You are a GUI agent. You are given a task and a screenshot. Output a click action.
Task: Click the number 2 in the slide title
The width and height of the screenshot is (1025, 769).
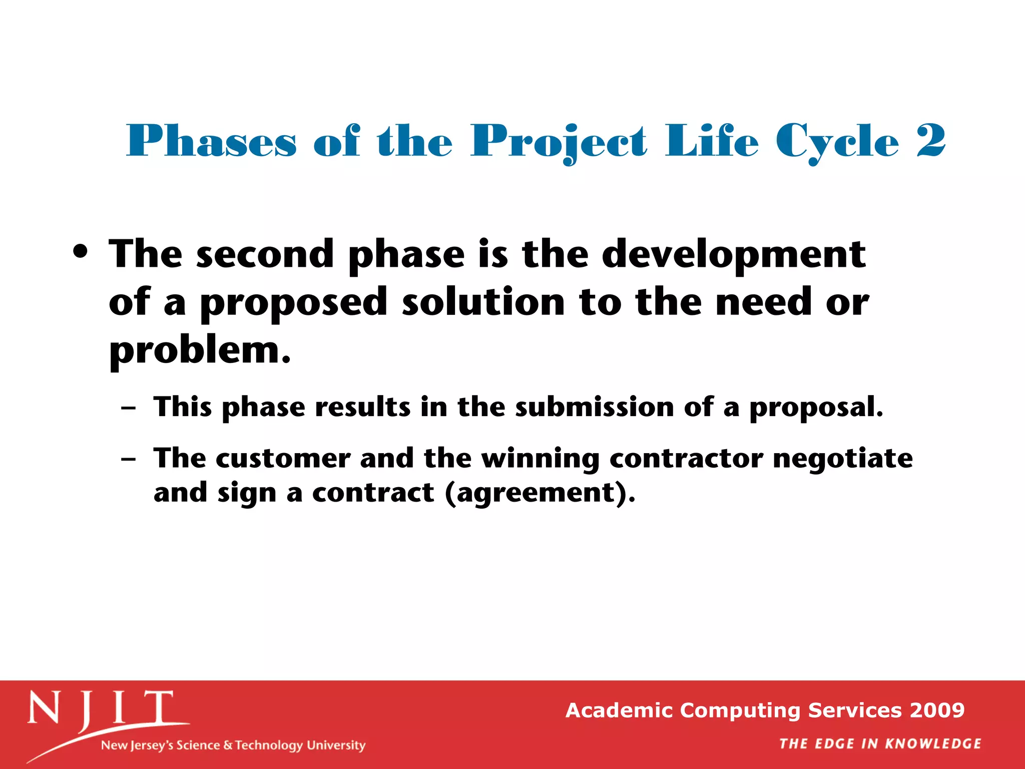click(x=931, y=141)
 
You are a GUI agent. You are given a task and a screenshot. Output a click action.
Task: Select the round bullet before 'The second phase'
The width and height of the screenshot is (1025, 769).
click(x=81, y=251)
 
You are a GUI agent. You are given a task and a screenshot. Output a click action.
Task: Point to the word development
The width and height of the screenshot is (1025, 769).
click(x=733, y=254)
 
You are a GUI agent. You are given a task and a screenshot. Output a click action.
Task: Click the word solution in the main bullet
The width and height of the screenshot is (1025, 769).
click(x=483, y=302)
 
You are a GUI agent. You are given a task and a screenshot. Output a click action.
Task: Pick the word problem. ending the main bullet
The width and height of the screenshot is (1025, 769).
click(x=200, y=350)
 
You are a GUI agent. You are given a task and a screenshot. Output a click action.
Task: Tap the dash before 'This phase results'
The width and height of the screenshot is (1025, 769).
click(x=129, y=408)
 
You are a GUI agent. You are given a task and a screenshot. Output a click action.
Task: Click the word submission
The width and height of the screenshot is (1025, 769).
click(x=595, y=407)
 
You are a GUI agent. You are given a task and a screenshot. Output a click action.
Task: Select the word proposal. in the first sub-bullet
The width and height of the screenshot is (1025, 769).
click(x=816, y=408)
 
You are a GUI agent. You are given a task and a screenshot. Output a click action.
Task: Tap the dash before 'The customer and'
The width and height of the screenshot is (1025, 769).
click(x=129, y=459)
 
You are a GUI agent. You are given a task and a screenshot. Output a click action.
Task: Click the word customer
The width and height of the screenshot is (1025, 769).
click(x=283, y=459)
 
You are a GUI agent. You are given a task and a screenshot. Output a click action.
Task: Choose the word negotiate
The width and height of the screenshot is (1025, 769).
click(x=843, y=459)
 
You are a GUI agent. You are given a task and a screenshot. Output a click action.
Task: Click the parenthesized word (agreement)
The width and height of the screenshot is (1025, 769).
click(x=540, y=493)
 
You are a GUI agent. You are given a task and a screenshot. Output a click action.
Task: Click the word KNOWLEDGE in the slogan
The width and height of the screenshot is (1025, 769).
click(x=933, y=744)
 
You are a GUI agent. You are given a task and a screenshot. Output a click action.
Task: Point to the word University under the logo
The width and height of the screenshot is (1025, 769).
click(x=336, y=745)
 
